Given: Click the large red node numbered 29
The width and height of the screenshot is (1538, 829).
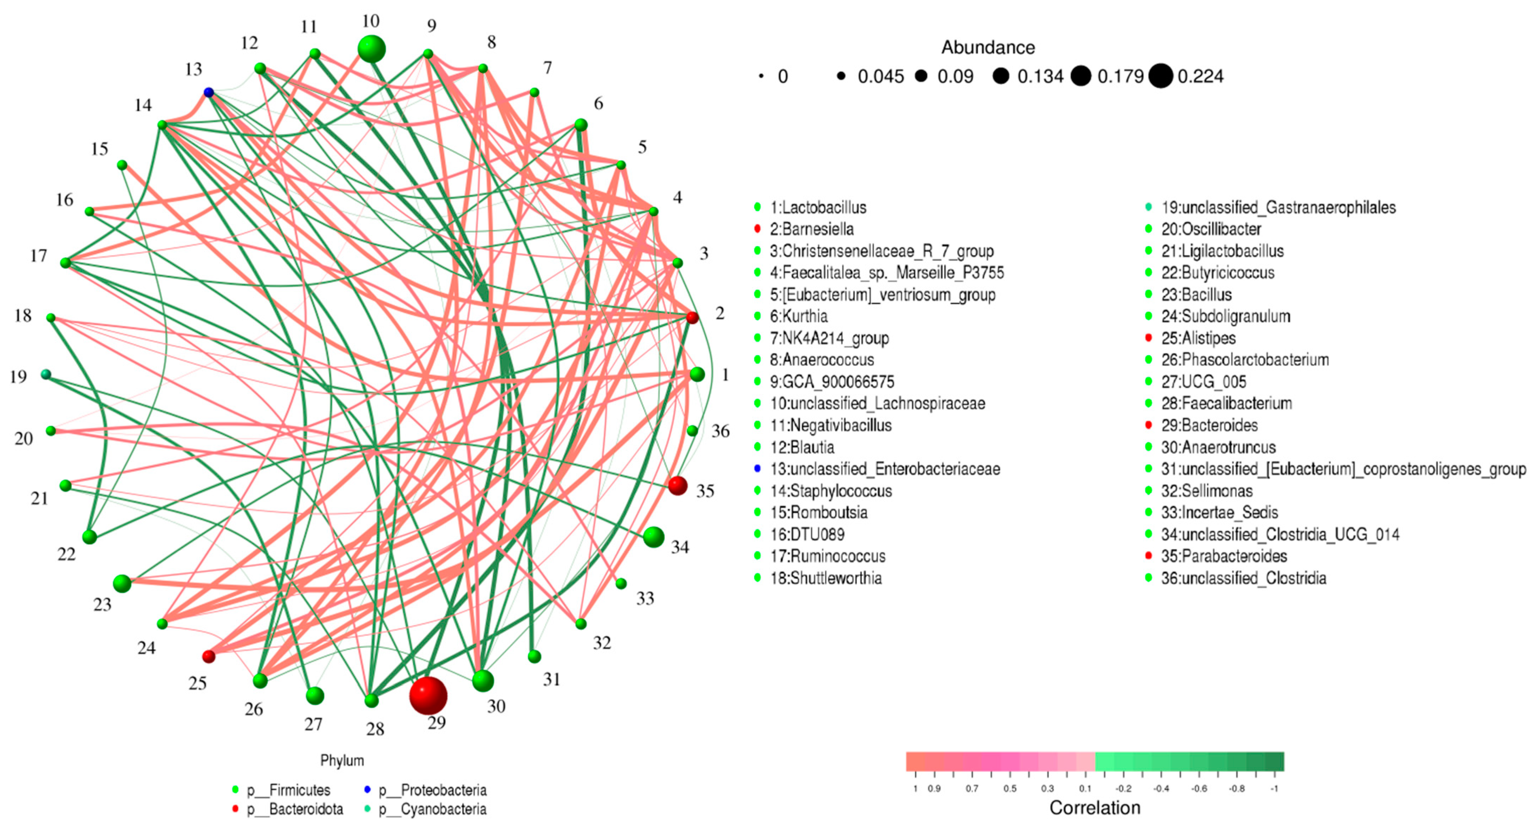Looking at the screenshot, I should click(x=428, y=695).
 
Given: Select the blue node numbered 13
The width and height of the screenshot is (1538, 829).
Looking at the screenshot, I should click(x=208, y=92).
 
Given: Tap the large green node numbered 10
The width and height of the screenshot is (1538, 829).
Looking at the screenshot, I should click(x=371, y=48).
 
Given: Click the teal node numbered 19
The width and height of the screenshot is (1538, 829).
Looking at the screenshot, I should click(x=46, y=375).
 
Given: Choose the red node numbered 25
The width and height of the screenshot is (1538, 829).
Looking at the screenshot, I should click(x=208, y=656).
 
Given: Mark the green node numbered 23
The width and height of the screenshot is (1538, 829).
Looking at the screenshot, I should click(x=122, y=583).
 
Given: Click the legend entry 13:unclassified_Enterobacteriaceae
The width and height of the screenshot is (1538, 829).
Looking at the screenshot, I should click(x=884, y=469).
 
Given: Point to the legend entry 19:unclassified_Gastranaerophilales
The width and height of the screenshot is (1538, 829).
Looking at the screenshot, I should click(x=1278, y=207).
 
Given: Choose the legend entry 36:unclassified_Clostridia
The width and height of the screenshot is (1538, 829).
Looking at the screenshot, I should click(x=1243, y=578).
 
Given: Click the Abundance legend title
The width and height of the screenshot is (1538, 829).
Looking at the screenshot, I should click(x=988, y=47).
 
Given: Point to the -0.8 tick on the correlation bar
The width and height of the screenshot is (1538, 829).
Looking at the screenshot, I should click(x=1237, y=788).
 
